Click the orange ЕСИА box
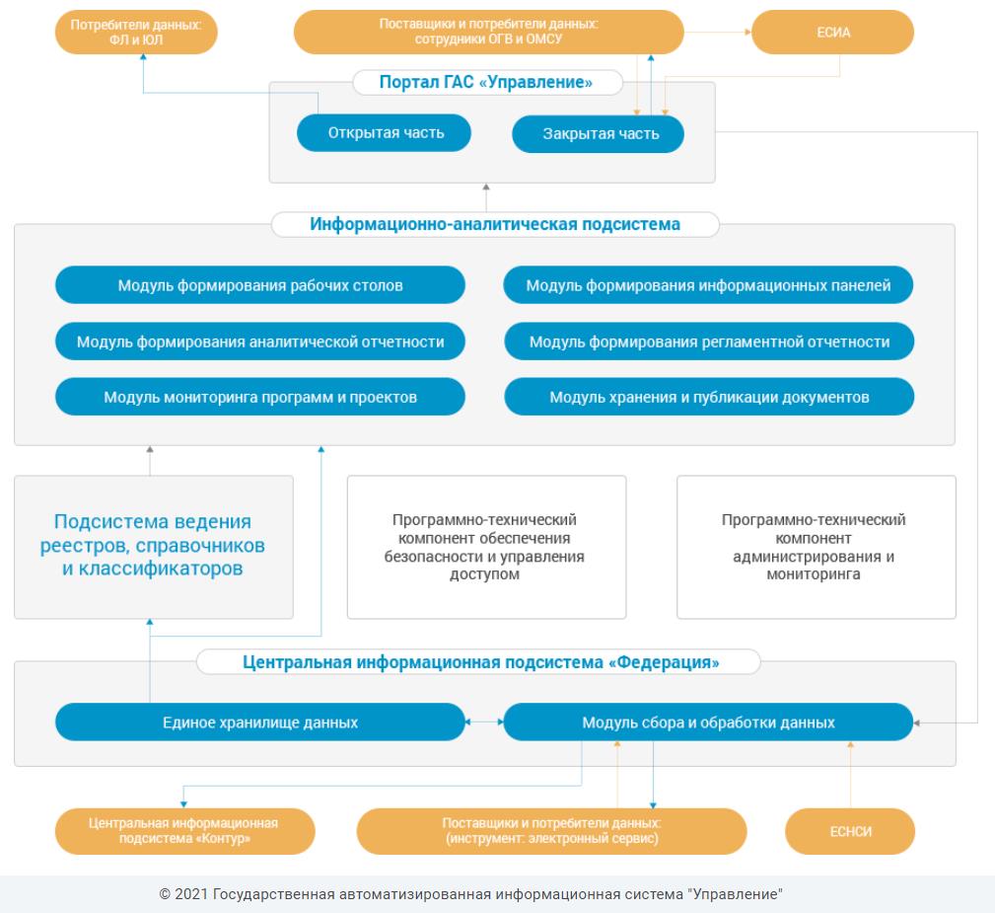tap(832, 32)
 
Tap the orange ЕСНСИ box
tap(850, 831)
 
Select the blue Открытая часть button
tap(384, 133)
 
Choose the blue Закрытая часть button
tap(598, 134)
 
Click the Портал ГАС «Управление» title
tap(486, 82)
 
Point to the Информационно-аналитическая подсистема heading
tap(495, 224)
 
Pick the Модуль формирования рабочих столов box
tap(260, 284)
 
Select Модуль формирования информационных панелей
tap(708, 284)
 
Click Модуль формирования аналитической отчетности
tap(260, 342)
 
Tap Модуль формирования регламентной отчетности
tap(709, 342)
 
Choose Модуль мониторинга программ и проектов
tap(260, 397)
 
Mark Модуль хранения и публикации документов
tap(709, 397)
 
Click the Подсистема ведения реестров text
tap(152, 545)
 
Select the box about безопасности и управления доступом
tap(487, 547)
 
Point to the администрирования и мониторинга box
tap(817, 547)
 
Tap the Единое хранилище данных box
tap(260, 722)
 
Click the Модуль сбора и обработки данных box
tap(708, 722)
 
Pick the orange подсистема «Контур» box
tap(184, 831)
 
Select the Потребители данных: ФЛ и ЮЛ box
tap(136, 32)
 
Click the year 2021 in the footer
tap(191, 894)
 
